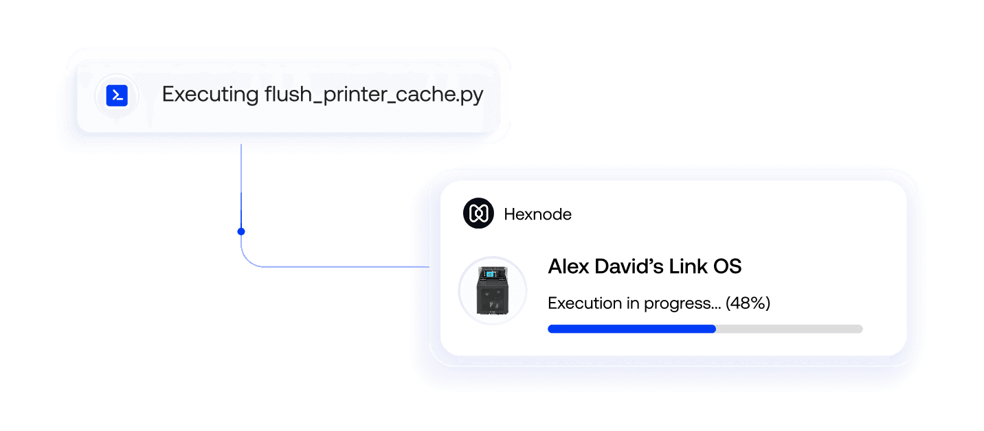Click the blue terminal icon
tap(117, 95)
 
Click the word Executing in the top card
tap(210, 94)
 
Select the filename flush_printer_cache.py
tap(374, 94)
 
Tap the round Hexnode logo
tap(478, 213)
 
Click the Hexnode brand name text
tap(537, 214)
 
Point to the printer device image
tap(493, 290)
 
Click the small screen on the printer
tap(489, 275)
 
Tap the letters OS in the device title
tap(727, 266)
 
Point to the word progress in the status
tap(682, 304)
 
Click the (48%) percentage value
tap(748, 303)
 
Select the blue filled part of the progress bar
tap(631, 329)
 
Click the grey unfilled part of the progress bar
tap(790, 329)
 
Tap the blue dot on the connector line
tap(241, 231)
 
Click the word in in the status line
tap(633, 303)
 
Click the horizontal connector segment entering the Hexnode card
tap(346, 266)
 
